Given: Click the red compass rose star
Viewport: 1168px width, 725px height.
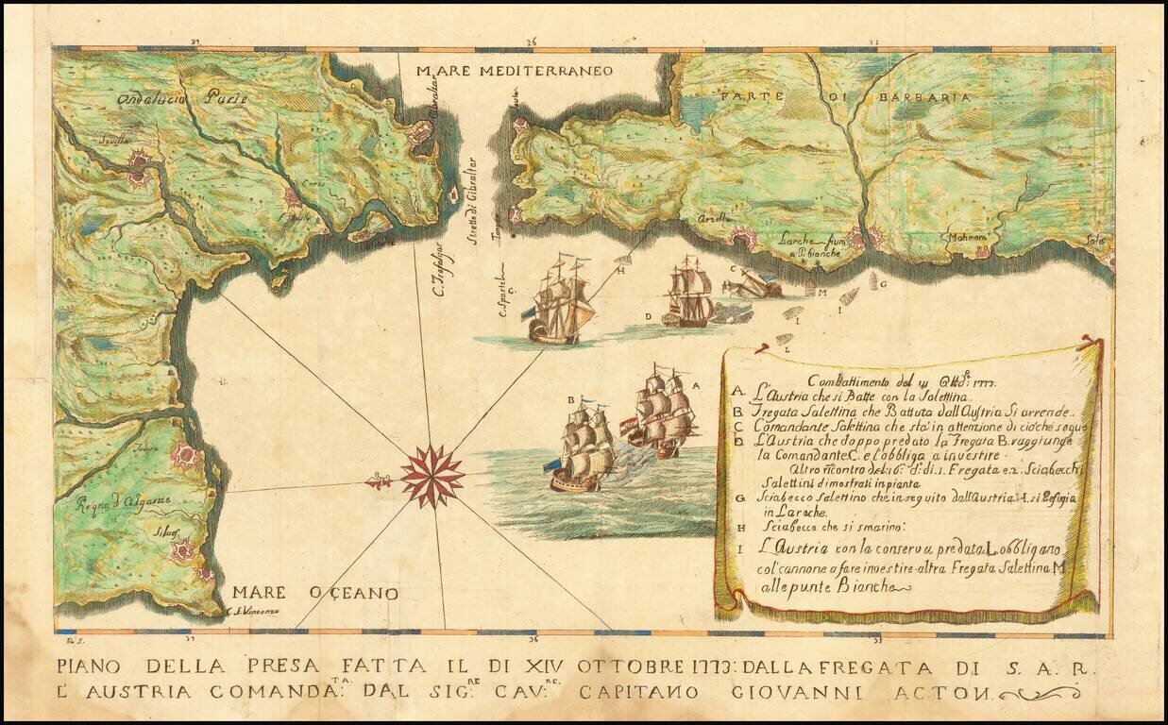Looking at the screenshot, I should tap(432, 476).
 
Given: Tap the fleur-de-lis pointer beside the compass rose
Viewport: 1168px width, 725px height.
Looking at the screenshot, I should tap(381, 481).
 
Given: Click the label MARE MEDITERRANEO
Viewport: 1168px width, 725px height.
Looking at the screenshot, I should tap(516, 71).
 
